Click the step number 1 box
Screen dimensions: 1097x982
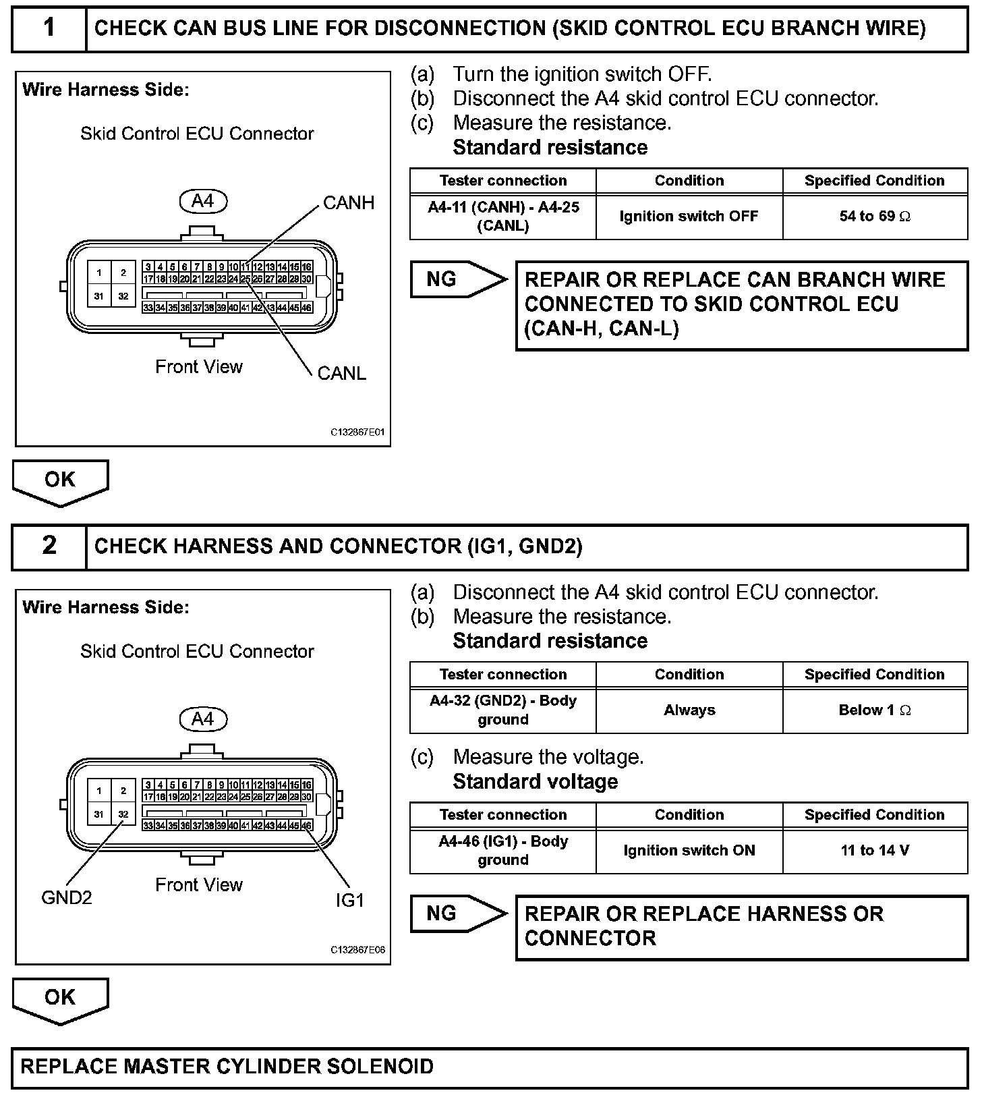coord(49,28)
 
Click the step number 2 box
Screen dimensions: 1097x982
coord(49,546)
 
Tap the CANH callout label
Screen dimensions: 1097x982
coord(348,203)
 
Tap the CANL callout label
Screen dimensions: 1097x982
coord(341,373)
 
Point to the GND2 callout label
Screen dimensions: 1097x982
coord(66,897)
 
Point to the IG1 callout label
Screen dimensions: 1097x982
coord(349,900)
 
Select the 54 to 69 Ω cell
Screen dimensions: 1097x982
coord(875,217)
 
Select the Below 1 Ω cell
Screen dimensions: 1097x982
coord(875,710)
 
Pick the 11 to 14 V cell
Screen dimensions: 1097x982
coord(875,851)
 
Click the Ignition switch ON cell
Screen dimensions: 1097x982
coord(689,851)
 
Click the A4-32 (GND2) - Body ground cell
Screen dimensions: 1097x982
coord(503,710)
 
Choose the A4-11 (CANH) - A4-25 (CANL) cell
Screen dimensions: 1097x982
coord(503,217)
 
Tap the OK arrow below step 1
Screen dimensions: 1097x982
coord(60,481)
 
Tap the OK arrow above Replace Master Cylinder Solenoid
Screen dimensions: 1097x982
coord(60,999)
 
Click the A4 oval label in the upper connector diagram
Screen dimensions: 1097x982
coord(202,201)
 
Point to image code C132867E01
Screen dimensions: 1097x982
coord(357,432)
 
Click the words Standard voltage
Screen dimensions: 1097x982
coord(535,781)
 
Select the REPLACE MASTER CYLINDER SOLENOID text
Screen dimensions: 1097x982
coord(227,1067)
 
